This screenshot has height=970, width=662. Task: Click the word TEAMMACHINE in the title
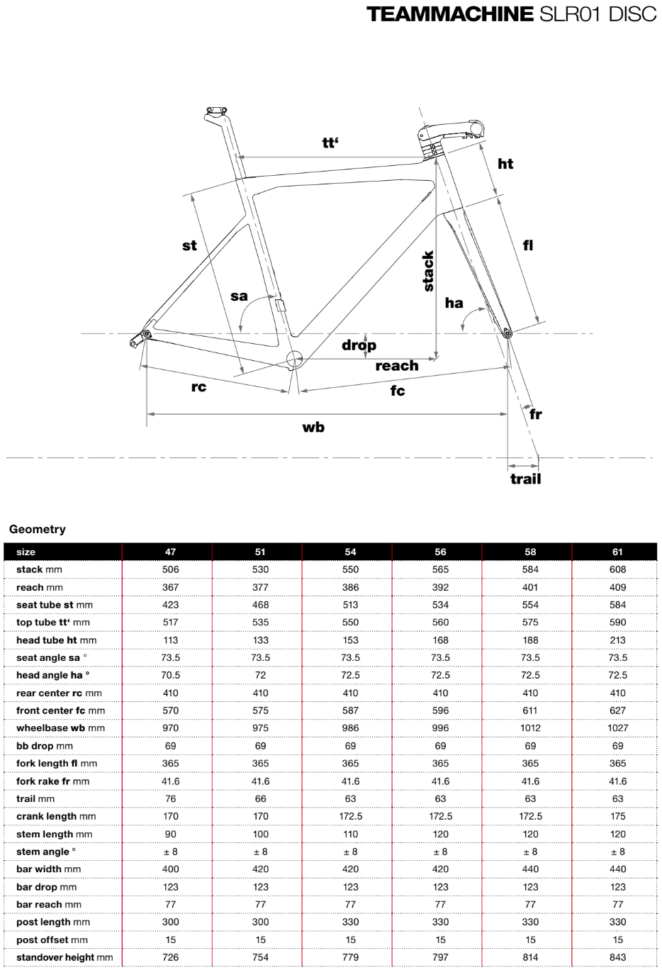point(450,14)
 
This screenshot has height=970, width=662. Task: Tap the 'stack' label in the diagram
point(428,271)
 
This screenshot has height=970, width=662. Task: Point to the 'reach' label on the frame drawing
point(396,366)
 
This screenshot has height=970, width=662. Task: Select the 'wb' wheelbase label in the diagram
point(313,427)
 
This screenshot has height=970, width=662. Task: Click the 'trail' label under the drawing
point(525,479)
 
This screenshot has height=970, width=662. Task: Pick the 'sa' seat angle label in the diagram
point(240,296)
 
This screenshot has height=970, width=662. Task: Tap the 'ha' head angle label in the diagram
point(454,303)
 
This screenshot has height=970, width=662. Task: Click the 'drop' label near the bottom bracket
point(359,345)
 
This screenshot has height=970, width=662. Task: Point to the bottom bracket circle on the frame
point(293,357)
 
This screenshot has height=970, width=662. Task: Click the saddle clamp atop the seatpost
point(216,111)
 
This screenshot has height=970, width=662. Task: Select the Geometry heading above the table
point(38,530)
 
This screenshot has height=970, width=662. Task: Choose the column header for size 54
point(350,552)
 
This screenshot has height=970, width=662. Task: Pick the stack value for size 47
point(170,569)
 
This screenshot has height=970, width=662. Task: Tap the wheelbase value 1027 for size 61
point(617,728)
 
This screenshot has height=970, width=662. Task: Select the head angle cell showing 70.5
point(170,675)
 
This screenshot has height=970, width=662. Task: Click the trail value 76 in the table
point(170,798)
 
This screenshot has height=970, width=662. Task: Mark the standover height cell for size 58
point(530,957)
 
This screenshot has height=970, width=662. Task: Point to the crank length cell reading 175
point(617,816)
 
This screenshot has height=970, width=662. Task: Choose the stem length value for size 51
point(260,834)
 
